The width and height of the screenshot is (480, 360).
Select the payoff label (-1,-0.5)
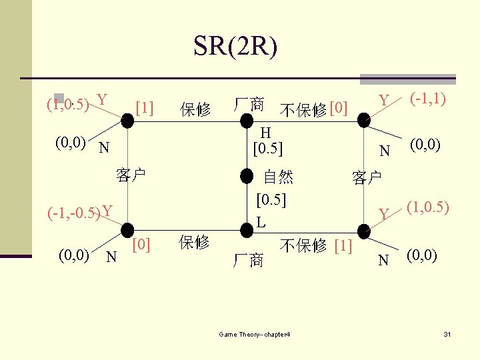(x=73, y=213)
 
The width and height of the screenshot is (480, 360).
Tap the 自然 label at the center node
(x=278, y=177)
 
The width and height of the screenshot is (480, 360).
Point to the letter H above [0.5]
(x=265, y=132)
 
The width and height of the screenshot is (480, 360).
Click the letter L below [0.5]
(x=262, y=223)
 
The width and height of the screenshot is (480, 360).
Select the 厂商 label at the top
(x=248, y=105)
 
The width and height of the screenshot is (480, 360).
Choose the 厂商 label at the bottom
(x=248, y=260)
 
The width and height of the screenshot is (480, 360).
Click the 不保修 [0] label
(x=313, y=109)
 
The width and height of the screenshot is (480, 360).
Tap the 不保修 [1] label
(x=316, y=245)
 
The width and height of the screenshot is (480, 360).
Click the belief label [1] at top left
(x=144, y=107)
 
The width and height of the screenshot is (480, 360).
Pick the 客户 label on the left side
(x=131, y=176)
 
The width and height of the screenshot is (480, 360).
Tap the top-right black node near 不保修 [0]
(x=363, y=121)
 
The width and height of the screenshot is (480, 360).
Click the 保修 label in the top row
(x=195, y=109)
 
